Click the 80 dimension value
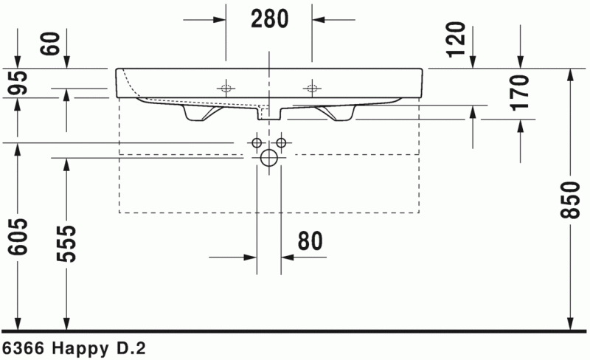[310, 240]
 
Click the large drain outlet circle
[268, 157]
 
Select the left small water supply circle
[257, 142]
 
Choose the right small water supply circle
[280, 142]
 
